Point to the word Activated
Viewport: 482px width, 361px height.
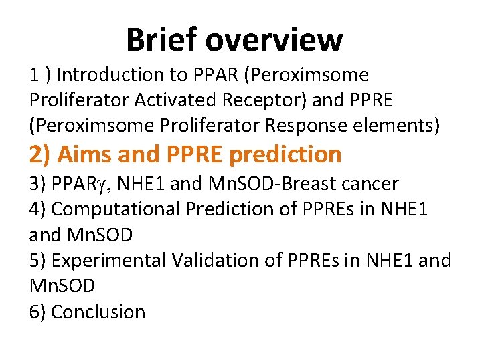177,100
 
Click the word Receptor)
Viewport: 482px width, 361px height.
268,100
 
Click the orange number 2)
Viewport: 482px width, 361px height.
41,154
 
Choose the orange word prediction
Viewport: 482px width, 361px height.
285,154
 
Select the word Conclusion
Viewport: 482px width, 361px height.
98,312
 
